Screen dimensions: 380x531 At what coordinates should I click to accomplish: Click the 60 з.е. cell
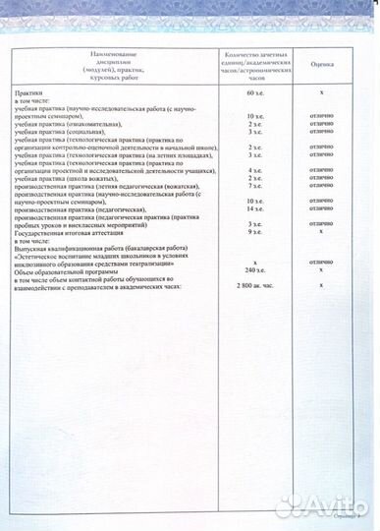pos(256,91)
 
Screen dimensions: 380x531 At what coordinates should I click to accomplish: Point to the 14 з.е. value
pos(255,210)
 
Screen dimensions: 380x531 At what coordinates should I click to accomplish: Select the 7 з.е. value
pos(256,185)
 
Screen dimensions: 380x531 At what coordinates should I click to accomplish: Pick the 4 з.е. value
pos(256,170)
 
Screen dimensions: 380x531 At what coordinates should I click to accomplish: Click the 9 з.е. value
pos(256,231)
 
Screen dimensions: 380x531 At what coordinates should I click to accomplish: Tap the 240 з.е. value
pos(256,269)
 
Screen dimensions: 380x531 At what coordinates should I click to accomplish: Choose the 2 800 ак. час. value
pos(256,284)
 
